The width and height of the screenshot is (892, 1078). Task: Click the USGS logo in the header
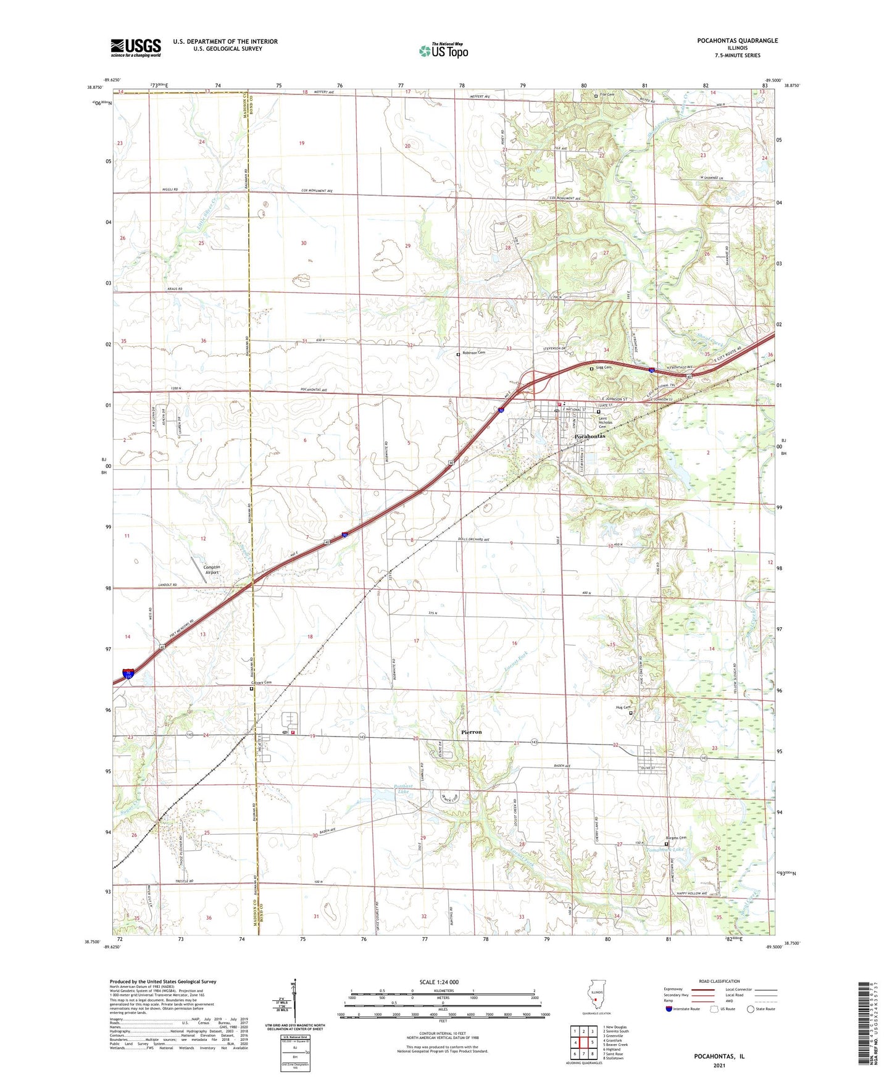pos(136,48)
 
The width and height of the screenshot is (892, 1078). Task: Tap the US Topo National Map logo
pos(443,50)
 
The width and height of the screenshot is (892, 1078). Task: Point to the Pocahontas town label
pos(590,437)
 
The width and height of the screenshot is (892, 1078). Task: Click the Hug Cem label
pos(622,708)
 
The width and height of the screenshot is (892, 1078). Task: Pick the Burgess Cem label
pos(675,838)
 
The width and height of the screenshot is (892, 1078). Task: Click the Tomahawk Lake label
pos(665,850)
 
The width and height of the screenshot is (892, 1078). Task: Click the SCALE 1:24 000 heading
pos(439,982)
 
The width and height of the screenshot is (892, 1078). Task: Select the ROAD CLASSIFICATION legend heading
pos(719,981)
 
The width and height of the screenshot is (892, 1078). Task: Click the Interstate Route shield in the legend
pos(669,1009)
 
